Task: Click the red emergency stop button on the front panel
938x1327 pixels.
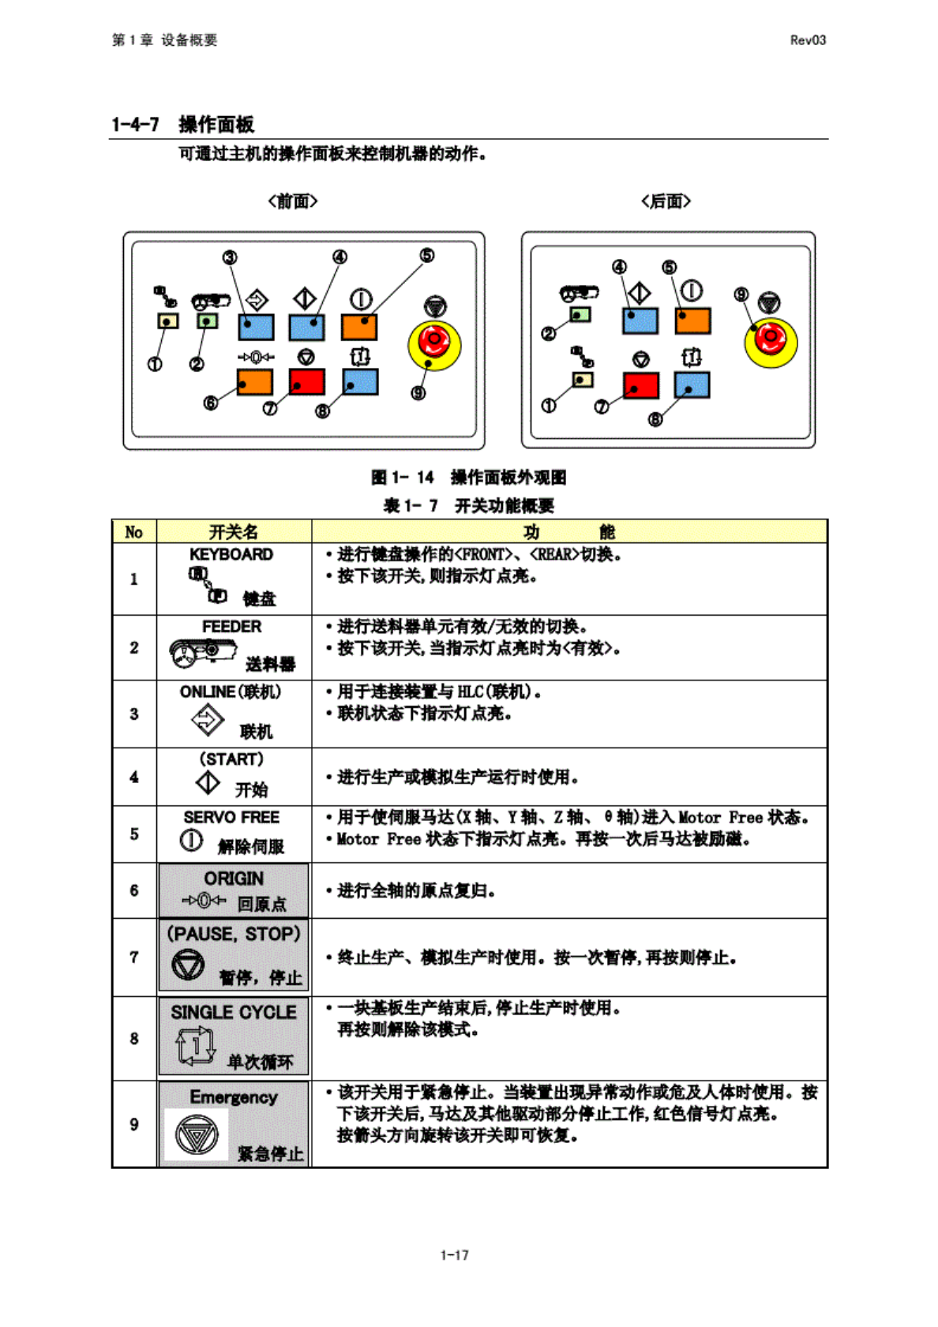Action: (433, 342)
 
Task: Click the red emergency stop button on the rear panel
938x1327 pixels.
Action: (770, 340)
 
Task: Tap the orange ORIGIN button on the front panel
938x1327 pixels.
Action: (255, 382)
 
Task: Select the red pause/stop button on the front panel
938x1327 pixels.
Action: (307, 382)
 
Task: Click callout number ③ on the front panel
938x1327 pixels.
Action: (230, 257)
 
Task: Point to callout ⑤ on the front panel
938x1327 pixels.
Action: (427, 255)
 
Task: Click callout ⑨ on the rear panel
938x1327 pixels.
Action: (741, 294)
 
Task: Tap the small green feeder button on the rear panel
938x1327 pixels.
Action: (580, 315)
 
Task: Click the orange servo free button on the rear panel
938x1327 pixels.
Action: (692, 321)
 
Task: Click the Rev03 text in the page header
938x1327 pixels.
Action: (808, 40)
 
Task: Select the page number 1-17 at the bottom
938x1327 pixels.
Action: (454, 1254)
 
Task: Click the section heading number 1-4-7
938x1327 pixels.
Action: (135, 125)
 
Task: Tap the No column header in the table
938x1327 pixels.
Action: (134, 532)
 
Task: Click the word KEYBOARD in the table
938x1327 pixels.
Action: (231, 554)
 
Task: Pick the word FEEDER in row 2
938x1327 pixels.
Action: (231, 626)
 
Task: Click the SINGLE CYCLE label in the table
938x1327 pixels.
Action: (234, 1012)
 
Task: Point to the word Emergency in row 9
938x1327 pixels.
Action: (234, 1096)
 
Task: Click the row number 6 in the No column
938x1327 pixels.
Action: (134, 890)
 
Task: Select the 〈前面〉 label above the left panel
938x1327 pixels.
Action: (293, 201)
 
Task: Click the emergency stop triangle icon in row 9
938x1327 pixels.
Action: (196, 1134)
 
